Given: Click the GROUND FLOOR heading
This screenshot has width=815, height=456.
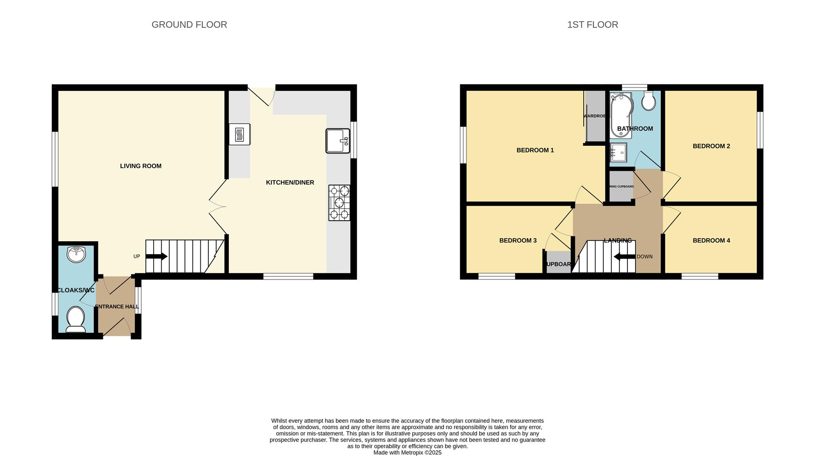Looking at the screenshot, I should [189, 25].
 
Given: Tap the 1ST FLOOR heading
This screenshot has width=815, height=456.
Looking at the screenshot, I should [593, 25].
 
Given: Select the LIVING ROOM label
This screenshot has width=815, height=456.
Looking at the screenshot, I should [141, 166].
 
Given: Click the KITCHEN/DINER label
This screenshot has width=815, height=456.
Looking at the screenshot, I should [290, 183].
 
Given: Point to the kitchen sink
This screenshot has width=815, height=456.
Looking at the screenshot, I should [338, 141].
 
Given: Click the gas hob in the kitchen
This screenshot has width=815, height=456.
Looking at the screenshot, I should [339, 203].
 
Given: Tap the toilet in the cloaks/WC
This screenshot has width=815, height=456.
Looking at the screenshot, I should [76, 319].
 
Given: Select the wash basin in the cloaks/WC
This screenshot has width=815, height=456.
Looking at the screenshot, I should [76, 255].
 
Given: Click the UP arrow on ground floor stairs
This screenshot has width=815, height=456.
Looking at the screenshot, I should [156, 256].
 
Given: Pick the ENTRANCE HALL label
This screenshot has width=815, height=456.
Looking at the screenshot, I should [117, 307].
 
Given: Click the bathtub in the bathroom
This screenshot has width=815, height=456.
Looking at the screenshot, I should [621, 115].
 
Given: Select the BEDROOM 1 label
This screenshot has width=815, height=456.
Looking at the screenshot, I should [535, 150].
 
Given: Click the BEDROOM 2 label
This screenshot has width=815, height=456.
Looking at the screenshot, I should [711, 146].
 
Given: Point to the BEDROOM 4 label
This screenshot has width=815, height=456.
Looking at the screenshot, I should [711, 240].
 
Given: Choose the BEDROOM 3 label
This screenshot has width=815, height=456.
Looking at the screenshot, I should [517, 240].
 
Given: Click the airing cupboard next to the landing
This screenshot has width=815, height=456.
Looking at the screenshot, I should [621, 186].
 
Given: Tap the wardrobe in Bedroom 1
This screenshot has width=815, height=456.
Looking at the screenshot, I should [595, 116].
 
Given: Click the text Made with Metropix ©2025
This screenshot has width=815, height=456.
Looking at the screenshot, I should [407, 453].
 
